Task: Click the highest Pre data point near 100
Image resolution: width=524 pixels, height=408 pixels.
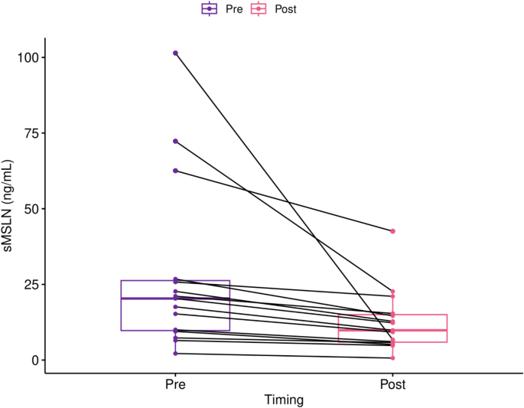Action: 175,53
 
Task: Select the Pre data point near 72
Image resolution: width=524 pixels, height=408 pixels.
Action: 175,141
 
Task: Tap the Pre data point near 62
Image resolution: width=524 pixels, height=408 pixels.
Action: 175,171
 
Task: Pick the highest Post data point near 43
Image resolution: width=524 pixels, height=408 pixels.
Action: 392,231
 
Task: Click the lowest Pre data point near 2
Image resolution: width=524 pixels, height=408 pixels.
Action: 175,353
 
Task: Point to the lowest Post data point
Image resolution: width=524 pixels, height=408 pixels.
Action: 392,357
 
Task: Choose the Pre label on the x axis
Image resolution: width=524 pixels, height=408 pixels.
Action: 175,384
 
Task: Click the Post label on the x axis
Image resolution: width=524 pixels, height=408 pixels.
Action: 392,384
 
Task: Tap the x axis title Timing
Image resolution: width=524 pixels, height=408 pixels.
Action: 284,400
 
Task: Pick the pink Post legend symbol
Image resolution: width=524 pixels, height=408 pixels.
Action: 260,9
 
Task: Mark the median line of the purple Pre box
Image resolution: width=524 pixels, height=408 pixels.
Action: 175,298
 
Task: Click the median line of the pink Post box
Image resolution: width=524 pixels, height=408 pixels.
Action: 392,330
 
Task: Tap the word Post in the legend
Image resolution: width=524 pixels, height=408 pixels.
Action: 285,9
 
